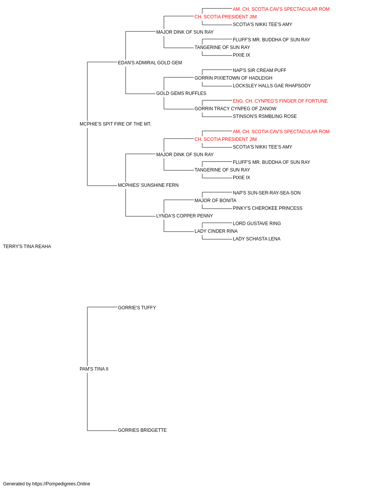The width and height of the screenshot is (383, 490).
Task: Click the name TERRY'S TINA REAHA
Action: [x=27, y=247]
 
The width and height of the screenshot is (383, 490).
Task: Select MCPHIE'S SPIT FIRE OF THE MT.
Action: [x=115, y=124]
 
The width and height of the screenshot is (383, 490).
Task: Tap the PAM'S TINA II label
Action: [x=94, y=369]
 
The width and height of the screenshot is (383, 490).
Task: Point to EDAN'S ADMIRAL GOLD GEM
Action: [x=150, y=63]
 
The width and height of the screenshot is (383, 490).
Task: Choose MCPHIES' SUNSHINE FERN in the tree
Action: [x=148, y=185]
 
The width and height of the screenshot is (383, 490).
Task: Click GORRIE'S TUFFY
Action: [x=137, y=307]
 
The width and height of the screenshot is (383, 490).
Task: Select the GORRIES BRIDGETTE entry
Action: [x=142, y=430]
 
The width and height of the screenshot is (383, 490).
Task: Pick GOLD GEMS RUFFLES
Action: [x=181, y=93]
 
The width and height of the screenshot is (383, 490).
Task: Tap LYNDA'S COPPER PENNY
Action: [x=185, y=216]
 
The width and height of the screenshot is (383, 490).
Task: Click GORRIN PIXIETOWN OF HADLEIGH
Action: [x=234, y=78]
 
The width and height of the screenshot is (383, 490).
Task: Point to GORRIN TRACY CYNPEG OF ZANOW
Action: [x=236, y=109]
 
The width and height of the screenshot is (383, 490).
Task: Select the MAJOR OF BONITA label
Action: [x=215, y=201]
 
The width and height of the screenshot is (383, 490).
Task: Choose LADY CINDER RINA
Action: [x=216, y=231]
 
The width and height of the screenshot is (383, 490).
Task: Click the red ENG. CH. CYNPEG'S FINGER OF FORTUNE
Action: [x=280, y=101]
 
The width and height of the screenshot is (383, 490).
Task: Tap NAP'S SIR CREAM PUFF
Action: [x=259, y=70]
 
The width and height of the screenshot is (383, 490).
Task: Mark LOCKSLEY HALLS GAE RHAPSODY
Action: [x=272, y=86]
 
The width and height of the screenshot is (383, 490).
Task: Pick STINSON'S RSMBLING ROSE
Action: [x=265, y=116]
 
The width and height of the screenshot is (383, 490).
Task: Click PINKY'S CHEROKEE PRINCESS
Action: [x=267, y=208]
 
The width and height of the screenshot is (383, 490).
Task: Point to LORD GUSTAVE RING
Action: [x=257, y=224]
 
